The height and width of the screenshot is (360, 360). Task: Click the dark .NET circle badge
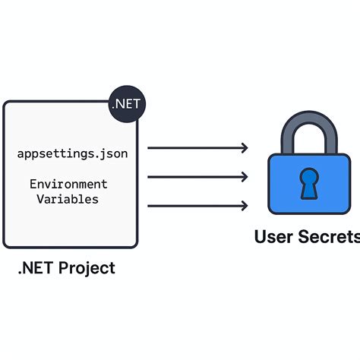click(126, 103)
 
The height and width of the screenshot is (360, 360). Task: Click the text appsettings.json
click(73, 154)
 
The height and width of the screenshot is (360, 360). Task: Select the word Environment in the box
click(68, 185)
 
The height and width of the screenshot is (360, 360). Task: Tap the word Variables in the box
click(68, 199)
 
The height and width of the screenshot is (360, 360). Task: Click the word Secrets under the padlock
click(328, 237)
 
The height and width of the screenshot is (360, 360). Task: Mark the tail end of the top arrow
click(149, 148)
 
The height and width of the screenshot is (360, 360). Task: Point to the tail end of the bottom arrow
click(149, 206)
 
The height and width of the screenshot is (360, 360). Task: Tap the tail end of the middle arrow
click(149, 177)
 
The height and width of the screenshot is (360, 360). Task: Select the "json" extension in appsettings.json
click(115, 154)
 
